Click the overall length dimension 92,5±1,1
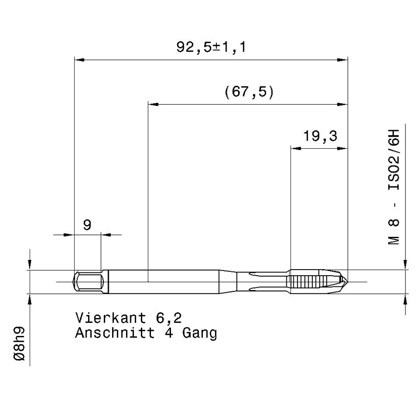click(211, 47)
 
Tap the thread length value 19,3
click(320, 136)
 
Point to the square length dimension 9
click(87, 225)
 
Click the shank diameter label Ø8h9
click(19, 344)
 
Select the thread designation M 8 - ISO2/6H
click(393, 187)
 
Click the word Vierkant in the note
click(111, 318)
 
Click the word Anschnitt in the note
click(115, 333)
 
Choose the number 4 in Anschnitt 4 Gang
click(169, 333)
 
